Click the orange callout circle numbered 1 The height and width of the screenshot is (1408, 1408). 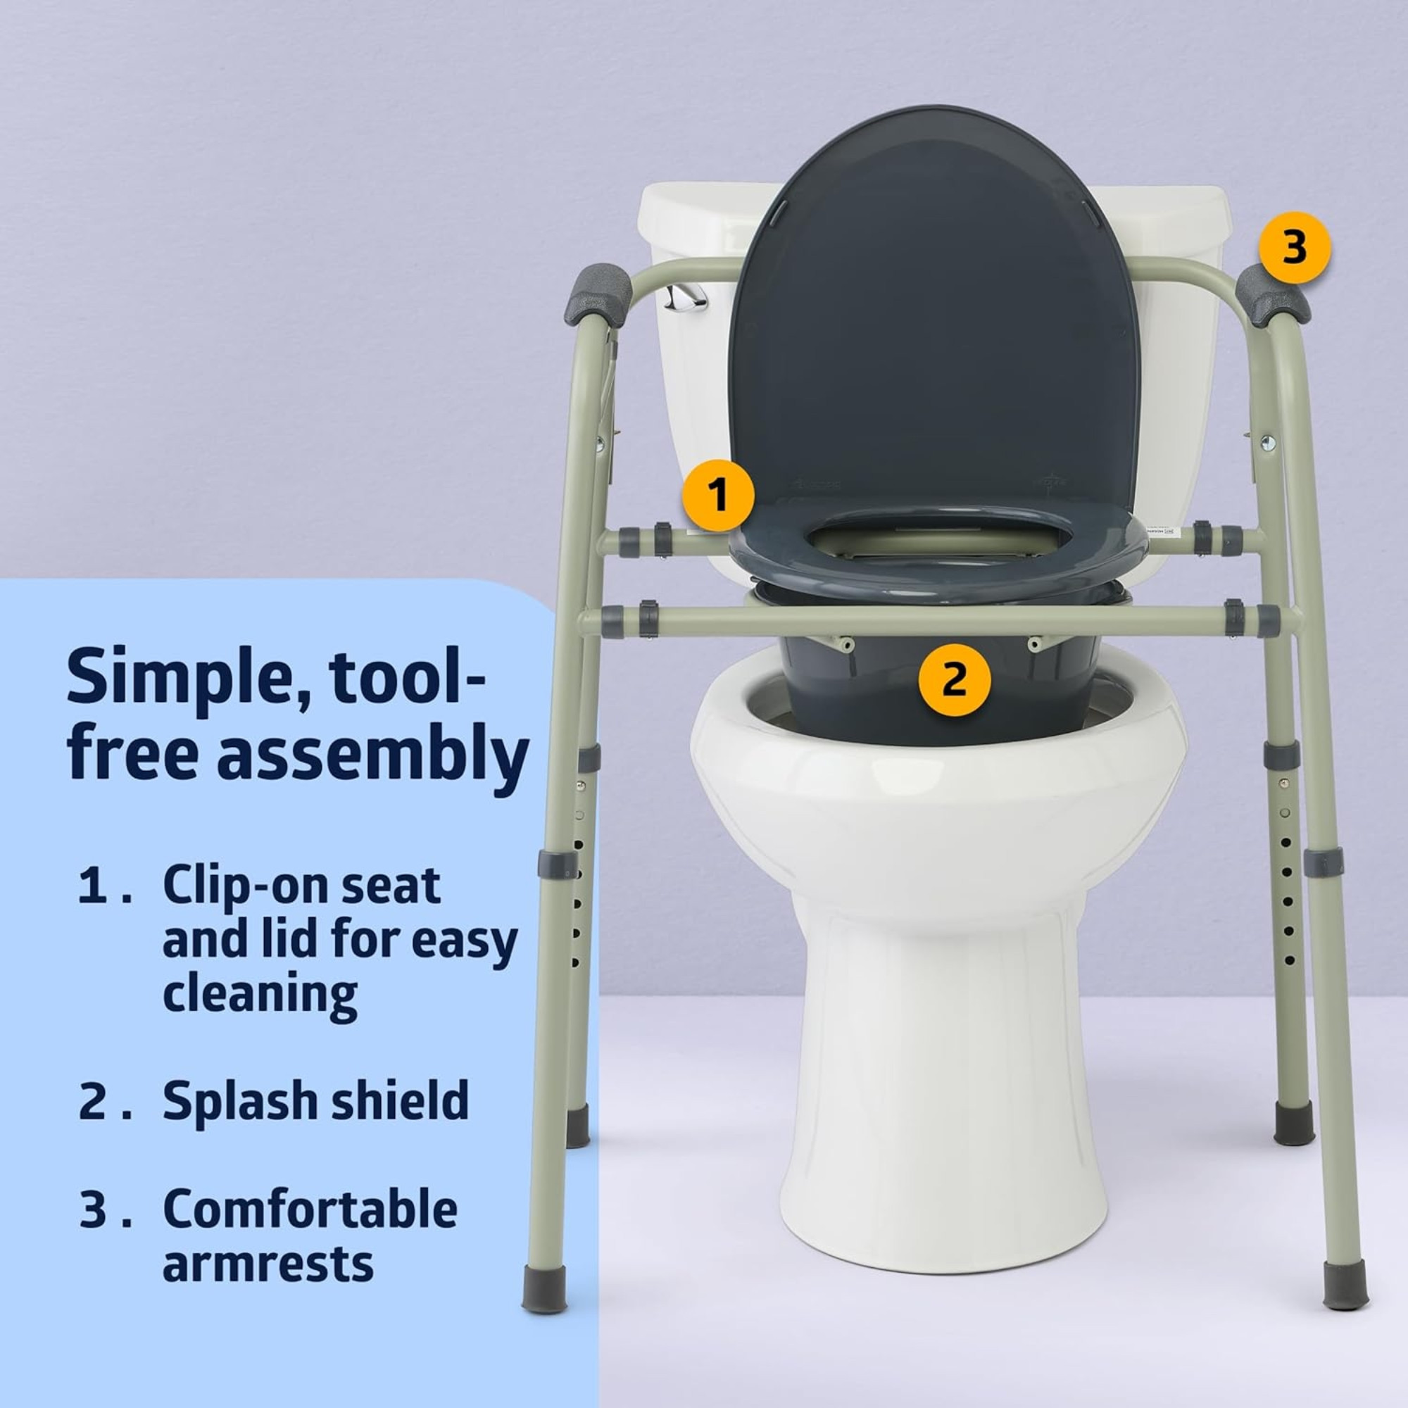[718, 496]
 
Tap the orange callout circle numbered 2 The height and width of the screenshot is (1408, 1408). [954, 680]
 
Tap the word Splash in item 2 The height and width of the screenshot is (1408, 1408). [233, 1101]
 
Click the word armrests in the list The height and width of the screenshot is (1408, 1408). [268, 1264]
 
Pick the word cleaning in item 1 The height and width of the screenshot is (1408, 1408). [260, 994]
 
